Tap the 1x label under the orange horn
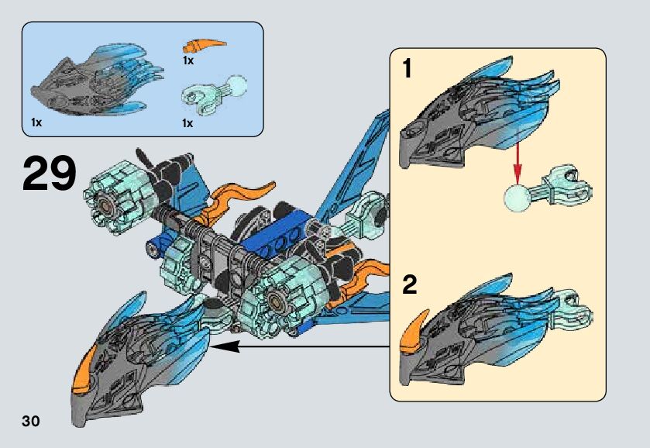(x=188, y=60)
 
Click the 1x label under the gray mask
(x=36, y=122)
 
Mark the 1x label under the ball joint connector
(x=187, y=122)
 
